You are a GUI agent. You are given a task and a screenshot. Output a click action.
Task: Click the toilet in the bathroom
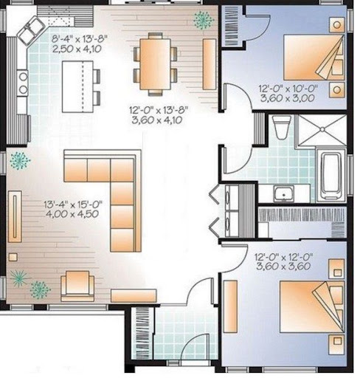[x=282, y=127]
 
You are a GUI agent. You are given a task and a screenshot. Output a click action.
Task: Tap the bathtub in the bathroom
[x=331, y=174]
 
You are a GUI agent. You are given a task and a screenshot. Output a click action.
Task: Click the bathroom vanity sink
[x=284, y=194]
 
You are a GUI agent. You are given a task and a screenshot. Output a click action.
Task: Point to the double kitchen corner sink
[x=31, y=30]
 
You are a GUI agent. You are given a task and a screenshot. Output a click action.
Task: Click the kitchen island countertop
[x=77, y=86]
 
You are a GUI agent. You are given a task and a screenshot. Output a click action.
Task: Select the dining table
[x=155, y=64]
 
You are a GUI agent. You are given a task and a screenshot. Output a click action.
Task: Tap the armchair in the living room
[x=77, y=286]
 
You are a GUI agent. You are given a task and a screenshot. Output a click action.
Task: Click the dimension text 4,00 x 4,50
[x=72, y=213]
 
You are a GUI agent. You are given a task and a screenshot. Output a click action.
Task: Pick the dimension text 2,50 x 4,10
[x=77, y=49]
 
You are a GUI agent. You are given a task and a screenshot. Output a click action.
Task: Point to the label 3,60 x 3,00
[x=287, y=98]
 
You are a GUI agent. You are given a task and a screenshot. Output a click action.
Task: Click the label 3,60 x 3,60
[x=283, y=266]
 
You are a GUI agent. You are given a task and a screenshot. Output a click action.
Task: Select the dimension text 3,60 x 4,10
[x=157, y=120]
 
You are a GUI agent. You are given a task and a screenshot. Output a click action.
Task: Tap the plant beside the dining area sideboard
[x=203, y=20]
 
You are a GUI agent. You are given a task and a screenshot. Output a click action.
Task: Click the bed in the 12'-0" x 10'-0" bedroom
[x=314, y=58]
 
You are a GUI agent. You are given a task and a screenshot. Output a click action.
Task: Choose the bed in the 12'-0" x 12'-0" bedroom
[x=311, y=307]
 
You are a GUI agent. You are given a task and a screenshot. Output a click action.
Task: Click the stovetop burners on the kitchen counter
[x=23, y=83]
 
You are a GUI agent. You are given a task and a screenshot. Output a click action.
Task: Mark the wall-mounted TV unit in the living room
[x=15, y=216]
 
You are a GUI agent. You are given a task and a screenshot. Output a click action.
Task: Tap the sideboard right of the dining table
[x=210, y=64]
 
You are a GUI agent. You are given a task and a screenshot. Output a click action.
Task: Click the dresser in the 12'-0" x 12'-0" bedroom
[x=230, y=306]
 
